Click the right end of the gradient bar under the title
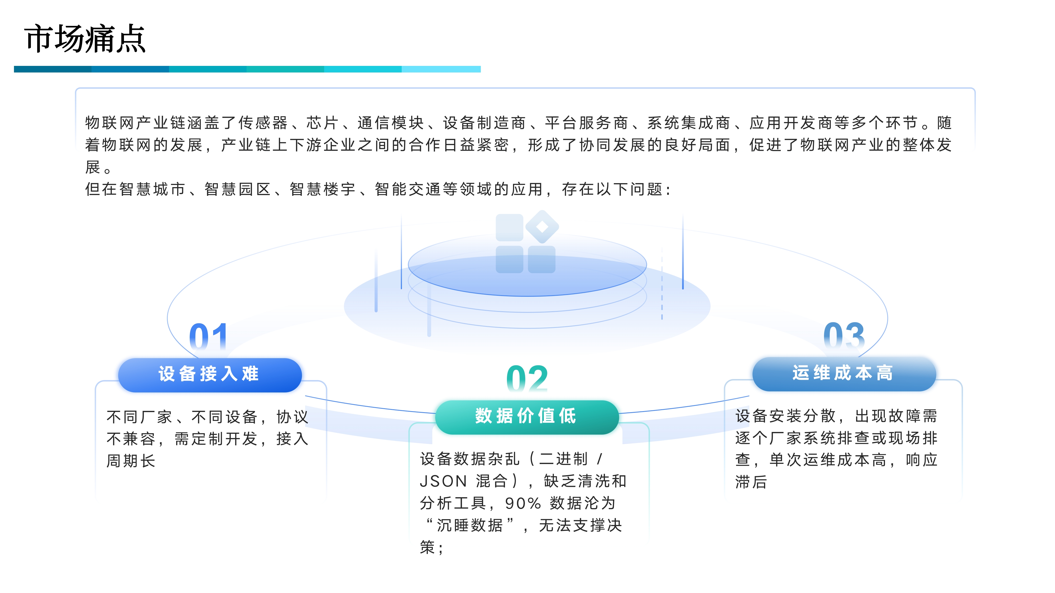coord(480,69)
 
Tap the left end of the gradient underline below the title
coord(14,69)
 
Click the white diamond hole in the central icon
coord(542,227)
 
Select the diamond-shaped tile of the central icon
coord(542,227)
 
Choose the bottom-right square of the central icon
coord(541,259)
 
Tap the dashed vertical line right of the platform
coord(662,282)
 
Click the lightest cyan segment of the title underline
coord(441,69)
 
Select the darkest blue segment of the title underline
coord(52,69)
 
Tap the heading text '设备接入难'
coord(209,374)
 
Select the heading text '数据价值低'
coord(526,416)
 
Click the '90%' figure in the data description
coord(523,503)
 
